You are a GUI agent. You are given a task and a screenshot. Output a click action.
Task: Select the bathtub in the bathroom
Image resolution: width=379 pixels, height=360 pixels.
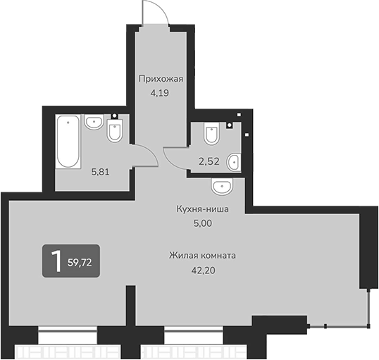68,142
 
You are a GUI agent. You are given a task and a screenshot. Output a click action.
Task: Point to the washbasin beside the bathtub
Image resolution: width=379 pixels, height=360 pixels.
93,123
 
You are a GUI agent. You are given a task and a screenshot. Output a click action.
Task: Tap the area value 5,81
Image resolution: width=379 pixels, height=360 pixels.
101,170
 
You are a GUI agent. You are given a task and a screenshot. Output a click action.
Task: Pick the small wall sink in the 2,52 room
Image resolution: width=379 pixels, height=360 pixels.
235,161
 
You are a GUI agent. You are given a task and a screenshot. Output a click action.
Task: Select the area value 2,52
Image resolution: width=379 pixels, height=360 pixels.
208,161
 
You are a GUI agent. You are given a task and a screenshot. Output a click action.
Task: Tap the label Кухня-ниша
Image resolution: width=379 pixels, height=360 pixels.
203,209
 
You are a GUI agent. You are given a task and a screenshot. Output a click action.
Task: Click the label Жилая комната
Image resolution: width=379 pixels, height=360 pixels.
201,255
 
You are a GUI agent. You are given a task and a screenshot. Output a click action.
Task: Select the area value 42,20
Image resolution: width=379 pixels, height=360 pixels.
201,268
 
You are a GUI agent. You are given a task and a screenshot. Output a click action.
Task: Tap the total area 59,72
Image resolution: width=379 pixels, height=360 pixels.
80,263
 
